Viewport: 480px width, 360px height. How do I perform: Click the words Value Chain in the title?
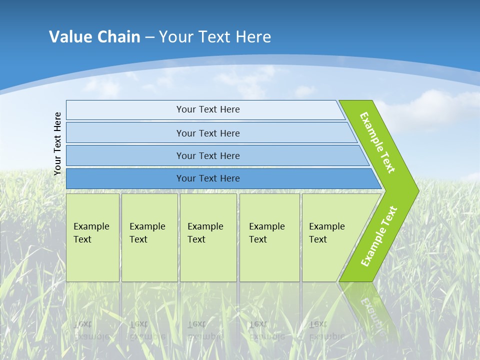point(94,36)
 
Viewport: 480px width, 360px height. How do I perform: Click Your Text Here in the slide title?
point(215,36)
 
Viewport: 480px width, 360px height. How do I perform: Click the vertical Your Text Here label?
point(57,143)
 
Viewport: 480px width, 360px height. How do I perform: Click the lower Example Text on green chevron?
point(378,236)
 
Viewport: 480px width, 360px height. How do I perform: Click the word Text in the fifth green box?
point(318,239)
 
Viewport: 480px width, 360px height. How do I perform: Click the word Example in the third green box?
point(205,226)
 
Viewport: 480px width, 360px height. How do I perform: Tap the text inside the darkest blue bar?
point(208,178)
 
